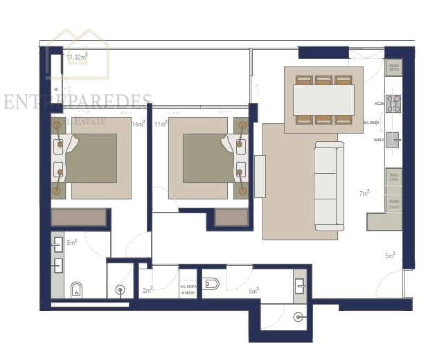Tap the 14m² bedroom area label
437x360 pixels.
click(139, 124)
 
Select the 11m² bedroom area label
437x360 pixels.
click(161, 124)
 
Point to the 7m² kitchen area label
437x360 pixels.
click(364, 193)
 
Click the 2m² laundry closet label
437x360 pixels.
click(147, 290)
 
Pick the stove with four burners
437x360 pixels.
click(393, 104)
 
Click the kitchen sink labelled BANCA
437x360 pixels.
click(393, 140)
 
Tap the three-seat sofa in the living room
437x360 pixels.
click(329, 186)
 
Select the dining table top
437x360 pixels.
click(323, 100)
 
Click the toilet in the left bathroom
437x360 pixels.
click(77, 288)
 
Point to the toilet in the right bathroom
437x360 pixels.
click(211, 284)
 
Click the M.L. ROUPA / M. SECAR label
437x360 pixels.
click(189, 289)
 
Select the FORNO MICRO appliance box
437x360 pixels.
click(393, 68)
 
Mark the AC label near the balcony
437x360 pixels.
click(56, 90)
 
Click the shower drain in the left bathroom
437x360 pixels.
click(121, 290)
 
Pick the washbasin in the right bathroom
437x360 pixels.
click(301, 283)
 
